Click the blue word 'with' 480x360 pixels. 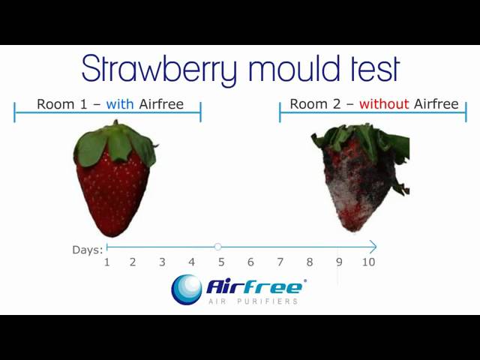(x=120, y=104)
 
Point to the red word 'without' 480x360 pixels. (x=384, y=104)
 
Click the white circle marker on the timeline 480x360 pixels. (x=217, y=247)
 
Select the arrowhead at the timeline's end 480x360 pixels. (x=373, y=247)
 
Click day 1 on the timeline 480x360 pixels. (x=106, y=262)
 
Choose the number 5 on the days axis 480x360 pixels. (x=221, y=262)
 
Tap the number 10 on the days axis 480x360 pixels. (x=368, y=262)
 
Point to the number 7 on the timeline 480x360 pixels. (x=280, y=262)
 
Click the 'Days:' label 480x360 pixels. (x=88, y=250)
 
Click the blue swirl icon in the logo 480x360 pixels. (x=186, y=289)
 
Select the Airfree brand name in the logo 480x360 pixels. (x=255, y=286)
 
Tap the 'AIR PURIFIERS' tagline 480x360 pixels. (x=253, y=301)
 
